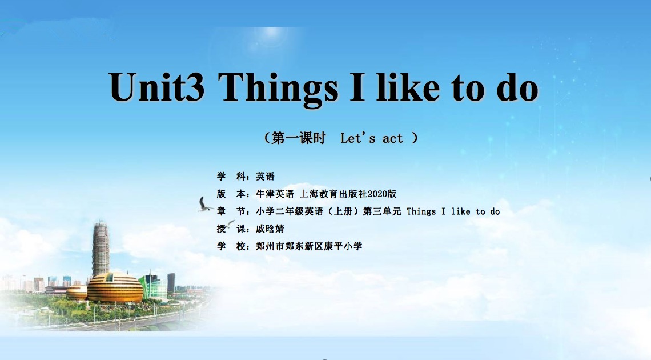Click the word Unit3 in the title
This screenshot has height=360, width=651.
pyautogui.click(x=157, y=87)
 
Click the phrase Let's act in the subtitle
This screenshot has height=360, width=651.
pyautogui.click(x=372, y=138)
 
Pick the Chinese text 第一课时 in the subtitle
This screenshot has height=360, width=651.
pyautogui.click(x=299, y=138)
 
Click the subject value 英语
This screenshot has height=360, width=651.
pyautogui.click(x=266, y=177)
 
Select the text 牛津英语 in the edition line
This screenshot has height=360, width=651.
pyautogui.click(x=275, y=194)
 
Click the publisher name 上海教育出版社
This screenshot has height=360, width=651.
pyautogui.click(x=333, y=194)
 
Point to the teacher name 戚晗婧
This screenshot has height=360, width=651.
pyautogui.click(x=270, y=229)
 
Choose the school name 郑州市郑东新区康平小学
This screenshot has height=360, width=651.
pyautogui.click(x=310, y=246)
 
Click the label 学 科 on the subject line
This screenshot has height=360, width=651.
pyautogui.click(x=231, y=177)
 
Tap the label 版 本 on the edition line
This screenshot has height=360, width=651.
pyautogui.click(x=231, y=194)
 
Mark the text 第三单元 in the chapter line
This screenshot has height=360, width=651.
pyautogui.click(x=382, y=211)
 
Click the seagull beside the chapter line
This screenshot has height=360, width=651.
pyautogui.click(x=204, y=205)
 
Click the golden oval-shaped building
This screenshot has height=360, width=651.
pyautogui.click(x=115, y=287)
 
